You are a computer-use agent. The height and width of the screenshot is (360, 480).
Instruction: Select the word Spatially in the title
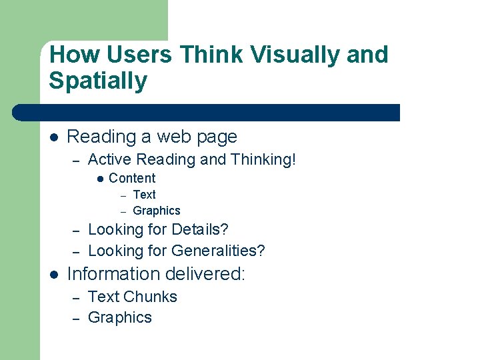(98, 81)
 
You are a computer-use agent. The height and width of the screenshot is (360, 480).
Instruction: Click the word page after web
(217, 137)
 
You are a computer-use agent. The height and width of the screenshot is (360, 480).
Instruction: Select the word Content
(132, 178)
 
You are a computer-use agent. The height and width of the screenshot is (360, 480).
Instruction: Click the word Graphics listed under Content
(157, 211)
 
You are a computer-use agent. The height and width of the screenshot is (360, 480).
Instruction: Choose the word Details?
(200, 230)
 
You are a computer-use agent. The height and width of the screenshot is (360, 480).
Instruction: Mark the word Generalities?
(218, 251)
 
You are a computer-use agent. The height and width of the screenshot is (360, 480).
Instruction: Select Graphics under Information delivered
(120, 317)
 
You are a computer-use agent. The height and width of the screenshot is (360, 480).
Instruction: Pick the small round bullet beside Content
(99, 179)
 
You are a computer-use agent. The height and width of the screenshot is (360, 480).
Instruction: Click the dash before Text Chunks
(77, 297)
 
